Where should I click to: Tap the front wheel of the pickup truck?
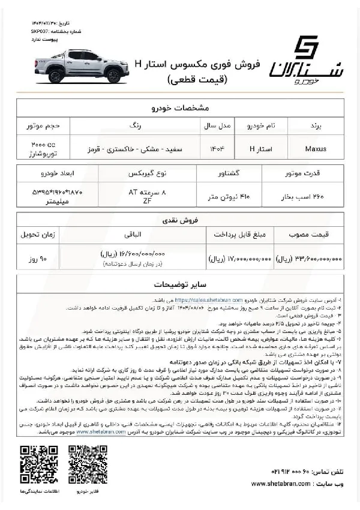pos(112,76)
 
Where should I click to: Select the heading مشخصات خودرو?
pos(179,108)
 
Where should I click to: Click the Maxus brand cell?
pos(316,147)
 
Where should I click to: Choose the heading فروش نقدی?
pos(179,220)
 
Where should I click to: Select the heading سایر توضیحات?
pos(179,283)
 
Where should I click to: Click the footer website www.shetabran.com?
pos(281,484)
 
